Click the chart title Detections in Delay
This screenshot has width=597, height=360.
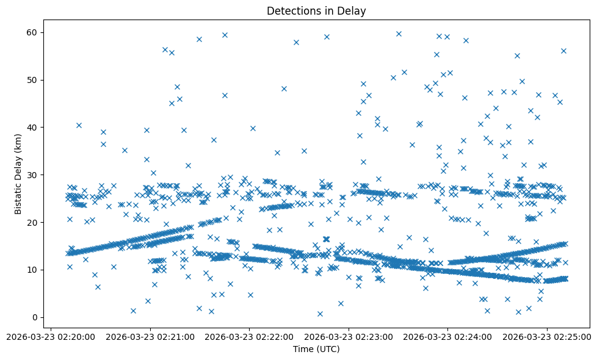tap(316, 11)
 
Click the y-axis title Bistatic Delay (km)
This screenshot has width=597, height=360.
tap(19, 174)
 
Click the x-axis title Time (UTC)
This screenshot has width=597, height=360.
tap(316, 349)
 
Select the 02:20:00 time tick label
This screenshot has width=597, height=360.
tap(51, 336)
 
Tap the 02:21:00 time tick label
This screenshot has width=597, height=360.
tap(150, 336)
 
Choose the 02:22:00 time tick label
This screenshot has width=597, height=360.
tap(250, 336)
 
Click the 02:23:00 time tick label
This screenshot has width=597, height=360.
tap(349, 336)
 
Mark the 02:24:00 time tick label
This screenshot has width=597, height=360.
tap(448, 336)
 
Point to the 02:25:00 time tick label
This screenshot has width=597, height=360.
tap(547, 336)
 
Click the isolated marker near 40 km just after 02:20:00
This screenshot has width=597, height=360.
tap(79, 125)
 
